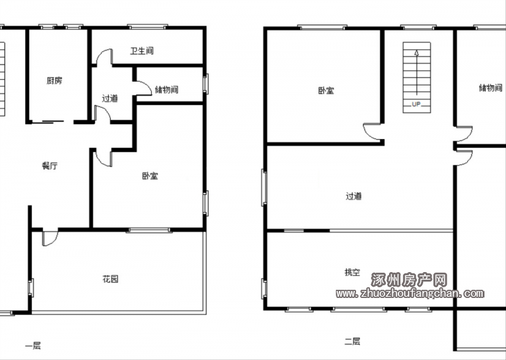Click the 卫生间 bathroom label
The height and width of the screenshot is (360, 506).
point(142,51)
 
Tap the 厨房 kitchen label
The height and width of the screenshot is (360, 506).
point(54,80)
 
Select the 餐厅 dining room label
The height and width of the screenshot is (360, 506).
point(50,166)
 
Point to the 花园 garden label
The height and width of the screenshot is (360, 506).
point(110,279)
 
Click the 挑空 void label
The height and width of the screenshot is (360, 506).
point(352,273)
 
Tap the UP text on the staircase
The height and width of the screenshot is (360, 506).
point(416,104)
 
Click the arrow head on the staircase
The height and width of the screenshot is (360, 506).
point(417,53)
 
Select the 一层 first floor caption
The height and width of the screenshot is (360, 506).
point(33,346)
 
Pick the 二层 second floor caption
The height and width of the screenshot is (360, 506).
point(352,341)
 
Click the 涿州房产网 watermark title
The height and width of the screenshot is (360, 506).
point(409,280)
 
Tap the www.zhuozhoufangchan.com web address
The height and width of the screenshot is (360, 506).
point(410,294)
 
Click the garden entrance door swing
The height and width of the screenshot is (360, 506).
point(50,239)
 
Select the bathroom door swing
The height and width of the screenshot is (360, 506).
point(104,57)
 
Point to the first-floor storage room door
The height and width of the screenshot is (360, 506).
point(144,87)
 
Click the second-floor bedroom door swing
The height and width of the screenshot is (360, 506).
point(372,132)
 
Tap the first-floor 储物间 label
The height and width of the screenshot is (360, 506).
point(166,89)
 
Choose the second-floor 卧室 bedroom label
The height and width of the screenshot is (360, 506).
point(326,90)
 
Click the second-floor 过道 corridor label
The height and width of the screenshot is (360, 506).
point(354,196)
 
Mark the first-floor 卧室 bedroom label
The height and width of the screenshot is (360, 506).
point(150,176)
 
